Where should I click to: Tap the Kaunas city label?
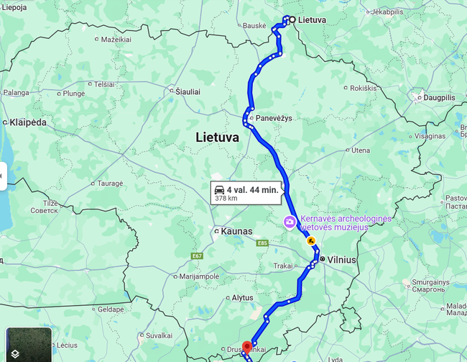[237, 232]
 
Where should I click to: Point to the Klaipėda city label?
[28, 122]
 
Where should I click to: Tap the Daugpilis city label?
[440, 97]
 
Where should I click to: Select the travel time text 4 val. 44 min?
[252, 189]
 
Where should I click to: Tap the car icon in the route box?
[219, 189]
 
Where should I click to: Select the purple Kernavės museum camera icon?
[289, 222]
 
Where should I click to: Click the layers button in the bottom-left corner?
[15, 352]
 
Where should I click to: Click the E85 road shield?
[262, 243]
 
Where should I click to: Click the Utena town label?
[361, 150]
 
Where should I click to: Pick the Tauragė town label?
[111, 184]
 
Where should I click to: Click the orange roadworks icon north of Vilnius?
[311, 241]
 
